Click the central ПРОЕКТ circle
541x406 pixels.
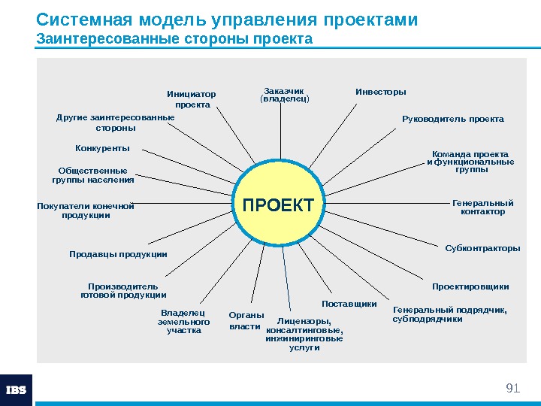pos(277,205)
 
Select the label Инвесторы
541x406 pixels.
pos(380,92)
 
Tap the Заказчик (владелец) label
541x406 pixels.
pos(284,95)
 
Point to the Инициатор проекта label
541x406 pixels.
pos(191,99)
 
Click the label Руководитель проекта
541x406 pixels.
pos(453,119)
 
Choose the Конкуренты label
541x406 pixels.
pos(102,147)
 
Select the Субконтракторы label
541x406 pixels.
pos(482,247)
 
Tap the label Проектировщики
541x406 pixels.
pos(470,286)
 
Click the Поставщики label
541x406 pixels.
pos(349,304)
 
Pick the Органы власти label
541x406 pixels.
pos(246,321)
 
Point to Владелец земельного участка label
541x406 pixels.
pos(183,321)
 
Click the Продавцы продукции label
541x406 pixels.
pos(118,254)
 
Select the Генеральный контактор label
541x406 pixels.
pos(482,207)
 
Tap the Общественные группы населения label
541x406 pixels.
pos(93,175)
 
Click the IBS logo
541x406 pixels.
pos(17,390)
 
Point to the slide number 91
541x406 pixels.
pos(513,388)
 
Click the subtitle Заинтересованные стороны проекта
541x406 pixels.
pos(174,38)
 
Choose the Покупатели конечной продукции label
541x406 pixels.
pos(86,211)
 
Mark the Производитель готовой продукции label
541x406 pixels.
pos(123,290)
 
